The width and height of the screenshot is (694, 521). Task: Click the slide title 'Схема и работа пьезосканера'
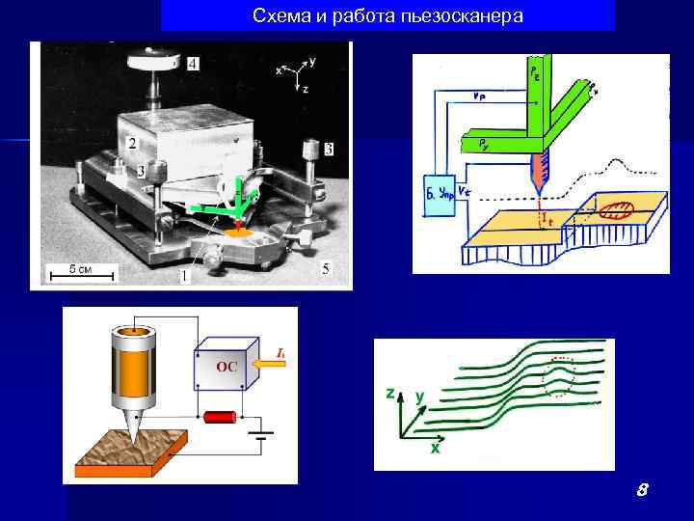[387, 16]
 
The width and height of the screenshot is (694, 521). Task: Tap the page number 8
[641, 491]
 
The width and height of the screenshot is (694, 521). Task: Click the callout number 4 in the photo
[194, 64]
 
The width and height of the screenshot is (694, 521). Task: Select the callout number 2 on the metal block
[130, 142]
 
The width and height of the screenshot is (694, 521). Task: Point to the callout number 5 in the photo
[325, 267]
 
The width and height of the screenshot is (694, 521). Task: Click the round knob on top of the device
[152, 61]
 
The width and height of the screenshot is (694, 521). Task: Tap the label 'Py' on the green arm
[482, 143]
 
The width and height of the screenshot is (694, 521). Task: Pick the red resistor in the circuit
[222, 417]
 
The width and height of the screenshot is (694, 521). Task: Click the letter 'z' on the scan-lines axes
[388, 394]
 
